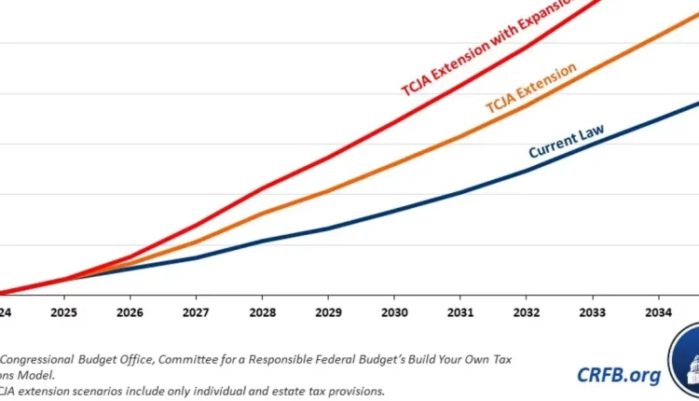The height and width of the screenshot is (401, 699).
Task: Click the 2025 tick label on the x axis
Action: click(x=63, y=312)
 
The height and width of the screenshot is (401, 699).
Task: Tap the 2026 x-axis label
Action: click(x=130, y=312)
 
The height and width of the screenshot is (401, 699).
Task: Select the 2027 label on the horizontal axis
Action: click(x=196, y=312)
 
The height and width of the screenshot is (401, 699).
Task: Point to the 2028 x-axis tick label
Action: click(x=262, y=312)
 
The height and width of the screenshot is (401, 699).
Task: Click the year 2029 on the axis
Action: click(x=328, y=312)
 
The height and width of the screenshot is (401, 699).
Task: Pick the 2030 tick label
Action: click(x=394, y=312)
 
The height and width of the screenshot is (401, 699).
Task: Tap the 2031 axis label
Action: click(x=460, y=312)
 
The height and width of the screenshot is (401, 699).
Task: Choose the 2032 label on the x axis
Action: click(x=527, y=312)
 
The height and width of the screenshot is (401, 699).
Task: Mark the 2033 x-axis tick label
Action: click(x=593, y=312)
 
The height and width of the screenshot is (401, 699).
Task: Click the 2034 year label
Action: click(x=659, y=312)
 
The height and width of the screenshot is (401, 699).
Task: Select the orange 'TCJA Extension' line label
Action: click(x=530, y=89)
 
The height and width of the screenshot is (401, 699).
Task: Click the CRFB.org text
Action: click(x=619, y=375)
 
